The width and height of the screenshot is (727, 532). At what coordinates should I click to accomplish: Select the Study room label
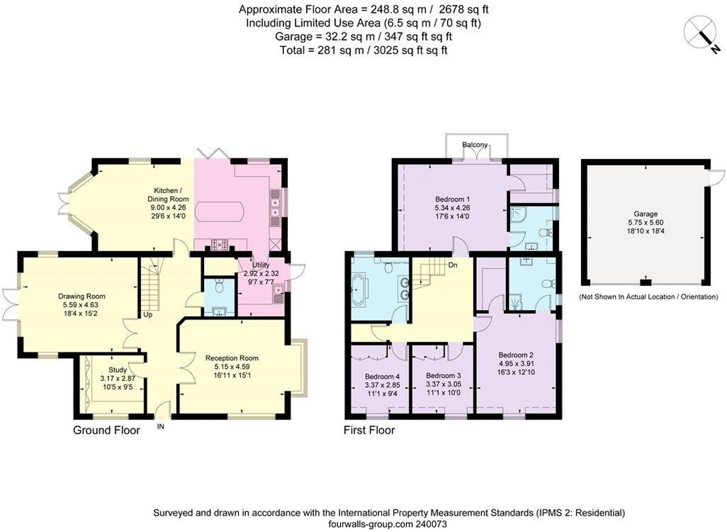click(x=118, y=370)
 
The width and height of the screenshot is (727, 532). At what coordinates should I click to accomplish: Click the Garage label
click(x=645, y=214)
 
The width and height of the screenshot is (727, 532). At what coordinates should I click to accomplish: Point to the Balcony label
click(x=475, y=145)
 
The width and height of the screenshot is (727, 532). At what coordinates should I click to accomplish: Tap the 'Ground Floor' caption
click(x=107, y=431)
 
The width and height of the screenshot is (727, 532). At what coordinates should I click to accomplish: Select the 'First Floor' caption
click(x=369, y=431)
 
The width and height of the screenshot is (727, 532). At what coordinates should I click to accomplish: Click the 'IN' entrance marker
click(x=161, y=427)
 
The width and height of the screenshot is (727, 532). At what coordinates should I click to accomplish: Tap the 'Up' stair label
click(x=147, y=315)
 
